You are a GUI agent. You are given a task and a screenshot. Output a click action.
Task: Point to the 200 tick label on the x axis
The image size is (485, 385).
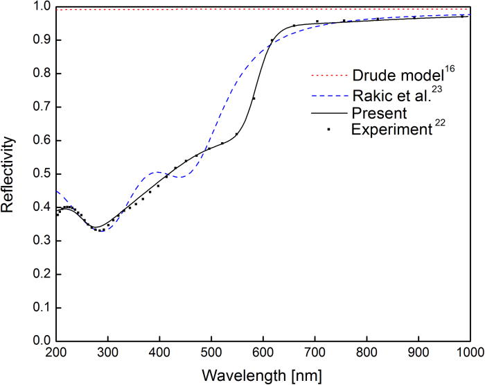57,354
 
